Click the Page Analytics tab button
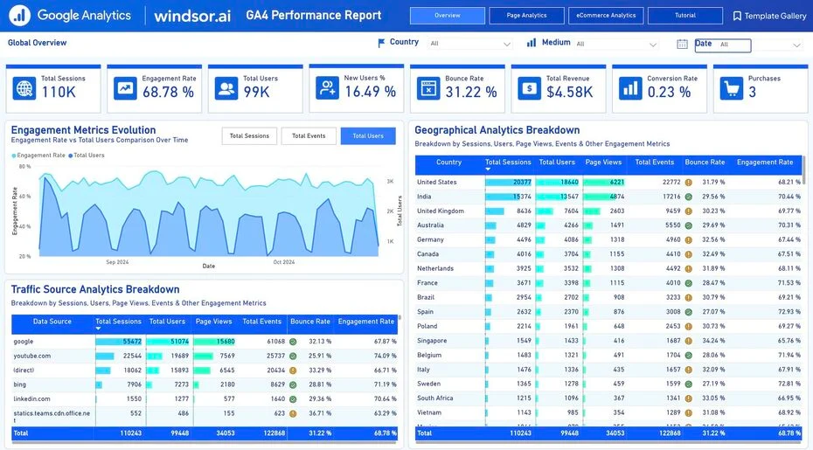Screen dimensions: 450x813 coord(526,16)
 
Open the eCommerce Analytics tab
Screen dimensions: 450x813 coord(606,16)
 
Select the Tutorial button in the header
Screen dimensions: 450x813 coord(685,16)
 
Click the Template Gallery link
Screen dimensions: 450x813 coord(769,16)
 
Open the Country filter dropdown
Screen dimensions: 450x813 coord(470,44)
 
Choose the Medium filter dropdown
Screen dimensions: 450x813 coord(616,44)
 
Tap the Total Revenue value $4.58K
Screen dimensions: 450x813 coord(569,92)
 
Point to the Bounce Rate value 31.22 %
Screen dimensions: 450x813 coord(470,92)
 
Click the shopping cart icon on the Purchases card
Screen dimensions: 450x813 coord(732,88)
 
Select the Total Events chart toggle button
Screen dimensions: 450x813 coord(309,136)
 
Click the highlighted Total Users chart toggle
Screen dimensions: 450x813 coord(368,136)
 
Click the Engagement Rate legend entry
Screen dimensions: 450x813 coord(39,156)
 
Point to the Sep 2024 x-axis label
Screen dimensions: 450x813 coord(117,262)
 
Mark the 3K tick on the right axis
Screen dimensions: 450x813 coord(390,182)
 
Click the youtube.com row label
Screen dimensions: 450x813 coord(31,356)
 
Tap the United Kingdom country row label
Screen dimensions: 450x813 coord(440,211)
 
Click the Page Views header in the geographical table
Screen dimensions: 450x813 coord(603,163)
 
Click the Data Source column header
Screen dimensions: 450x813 coord(52,322)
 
